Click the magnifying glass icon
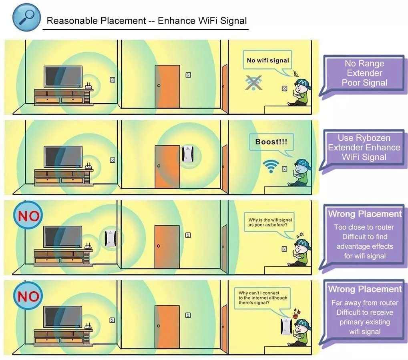tap(27, 17)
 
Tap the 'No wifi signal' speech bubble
tap(267, 61)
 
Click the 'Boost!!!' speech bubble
tap(271, 142)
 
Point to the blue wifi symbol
tap(271, 165)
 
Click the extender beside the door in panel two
tap(187, 154)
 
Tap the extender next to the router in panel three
tap(109, 238)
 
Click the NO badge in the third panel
tap(28, 217)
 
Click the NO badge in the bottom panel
tap(28, 297)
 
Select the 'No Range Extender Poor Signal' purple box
tap(364, 73)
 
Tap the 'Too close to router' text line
tap(364, 227)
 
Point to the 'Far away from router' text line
tap(365, 303)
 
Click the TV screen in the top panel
tap(63, 76)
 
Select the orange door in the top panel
tap(167, 86)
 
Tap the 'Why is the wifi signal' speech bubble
tap(270, 222)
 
